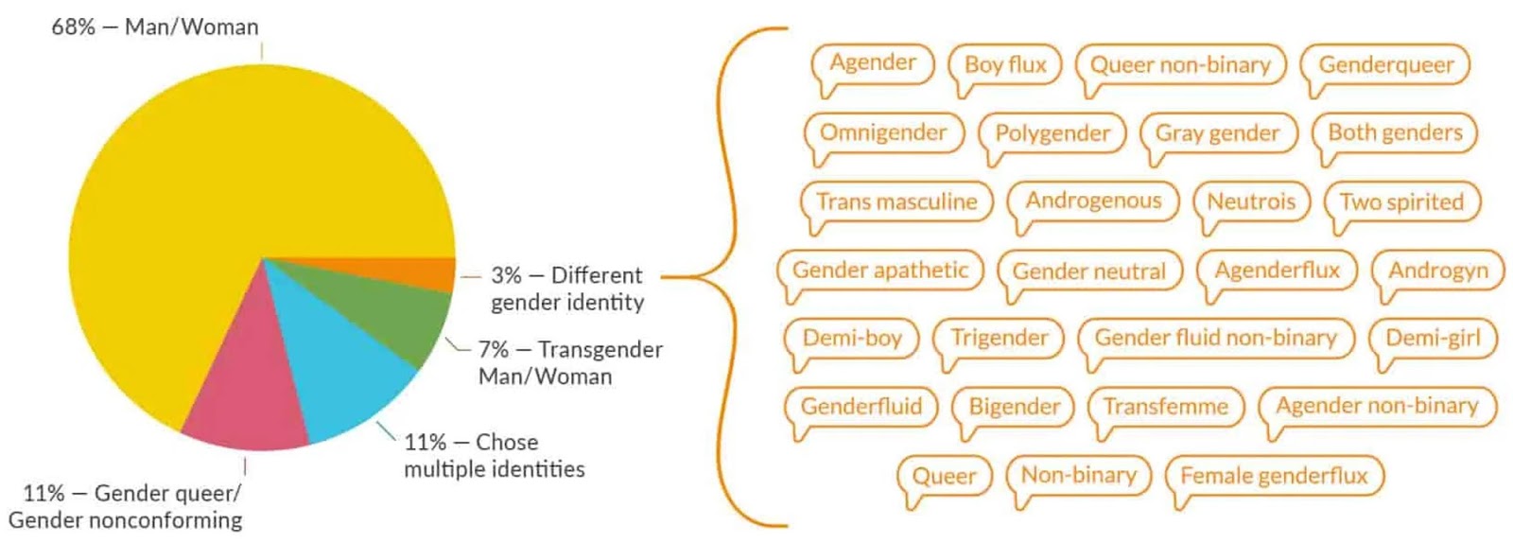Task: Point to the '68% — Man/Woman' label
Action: (x=154, y=26)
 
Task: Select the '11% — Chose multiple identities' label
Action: (x=494, y=455)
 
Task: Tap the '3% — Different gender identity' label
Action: (x=566, y=289)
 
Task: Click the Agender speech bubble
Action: (x=873, y=63)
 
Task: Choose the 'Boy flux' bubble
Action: (x=1005, y=64)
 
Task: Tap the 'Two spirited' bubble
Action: (x=1401, y=201)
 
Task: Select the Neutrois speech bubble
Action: (x=1251, y=201)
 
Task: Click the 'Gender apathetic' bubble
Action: (x=879, y=271)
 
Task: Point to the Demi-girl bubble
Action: (x=1433, y=338)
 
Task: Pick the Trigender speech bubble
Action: (x=999, y=338)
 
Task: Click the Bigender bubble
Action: (x=1014, y=407)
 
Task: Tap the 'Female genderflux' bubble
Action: (x=1274, y=475)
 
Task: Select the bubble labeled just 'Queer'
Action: (x=944, y=476)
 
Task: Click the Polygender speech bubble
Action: (x=1052, y=133)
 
